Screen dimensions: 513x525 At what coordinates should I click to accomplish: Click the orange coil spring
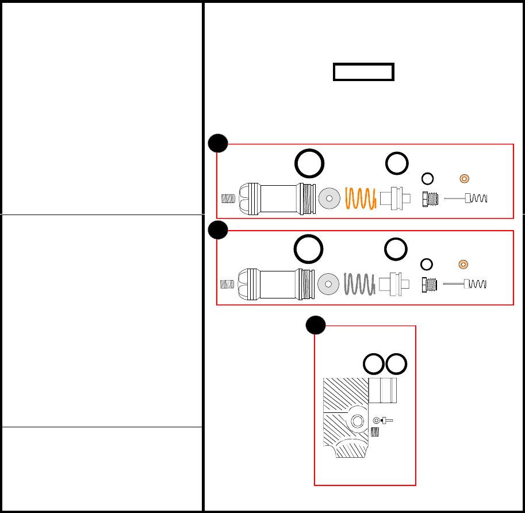point(360,198)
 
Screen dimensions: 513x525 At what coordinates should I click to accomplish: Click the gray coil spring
point(359,284)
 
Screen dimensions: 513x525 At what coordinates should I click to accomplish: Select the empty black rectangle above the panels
point(363,72)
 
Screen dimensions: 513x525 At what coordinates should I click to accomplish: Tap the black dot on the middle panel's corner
point(218,230)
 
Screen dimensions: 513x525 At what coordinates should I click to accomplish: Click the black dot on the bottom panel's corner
point(316,326)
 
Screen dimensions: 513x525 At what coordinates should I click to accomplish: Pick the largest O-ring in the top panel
point(309,163)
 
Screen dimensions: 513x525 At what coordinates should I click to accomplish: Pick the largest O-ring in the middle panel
point(309,250)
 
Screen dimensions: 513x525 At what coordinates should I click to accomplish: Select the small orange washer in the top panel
point(465,178)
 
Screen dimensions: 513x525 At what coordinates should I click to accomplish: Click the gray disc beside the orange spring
point(329,198)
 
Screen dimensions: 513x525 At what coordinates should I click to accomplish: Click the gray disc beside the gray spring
point(328,284)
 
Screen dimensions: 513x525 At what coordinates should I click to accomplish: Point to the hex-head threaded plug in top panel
point(430,199)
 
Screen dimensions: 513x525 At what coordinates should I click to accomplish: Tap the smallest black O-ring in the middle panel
point(427,264)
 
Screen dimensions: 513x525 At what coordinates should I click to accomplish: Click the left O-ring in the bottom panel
point(374,363)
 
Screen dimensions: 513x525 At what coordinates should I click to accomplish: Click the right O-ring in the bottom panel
point(397,363)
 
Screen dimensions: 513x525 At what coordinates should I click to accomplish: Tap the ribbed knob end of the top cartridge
point(249,199)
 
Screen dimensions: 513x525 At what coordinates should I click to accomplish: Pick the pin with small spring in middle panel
point(466,284)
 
